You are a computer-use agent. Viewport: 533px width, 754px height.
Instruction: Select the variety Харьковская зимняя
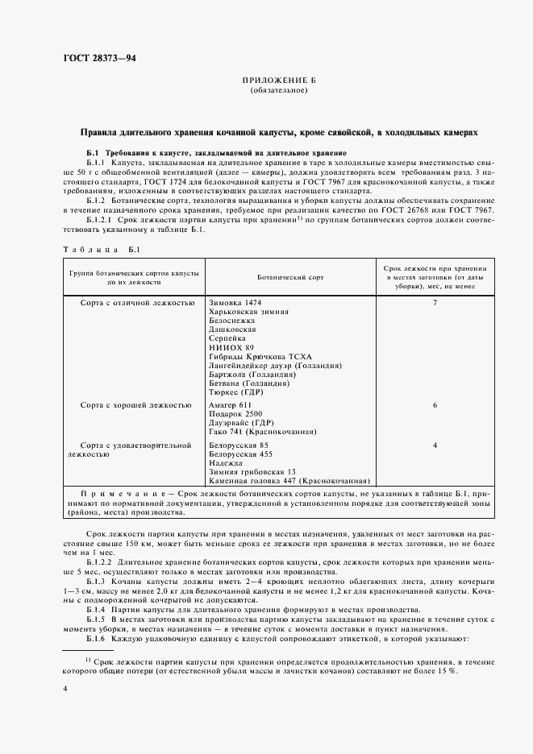[248, 311]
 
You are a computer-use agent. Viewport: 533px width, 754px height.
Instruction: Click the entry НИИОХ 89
[231, 346]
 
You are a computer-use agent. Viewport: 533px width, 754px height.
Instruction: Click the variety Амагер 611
[231, 404]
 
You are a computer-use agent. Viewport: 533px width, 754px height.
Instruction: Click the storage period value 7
[435, 302]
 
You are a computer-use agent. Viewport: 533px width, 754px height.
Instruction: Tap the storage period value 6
[435, 404]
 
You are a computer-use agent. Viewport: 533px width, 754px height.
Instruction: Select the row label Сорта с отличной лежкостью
[137, 302]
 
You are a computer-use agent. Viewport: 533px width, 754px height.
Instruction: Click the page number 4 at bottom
[65, 689]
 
